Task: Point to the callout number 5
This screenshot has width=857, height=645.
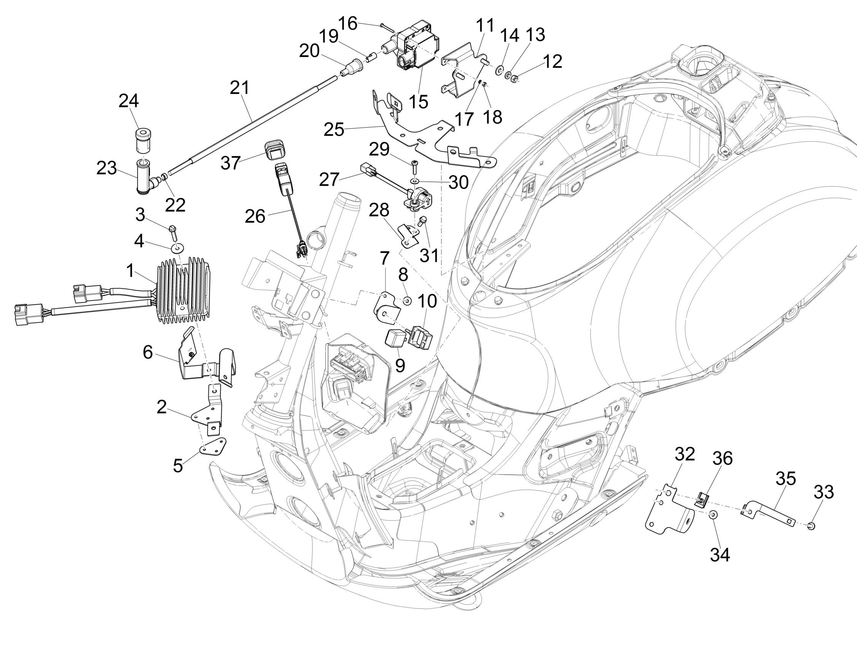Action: [x=178, y=466]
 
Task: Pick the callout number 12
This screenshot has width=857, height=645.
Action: [x=552, y=61]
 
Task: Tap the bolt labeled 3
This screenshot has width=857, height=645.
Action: [x=173, y=231]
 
